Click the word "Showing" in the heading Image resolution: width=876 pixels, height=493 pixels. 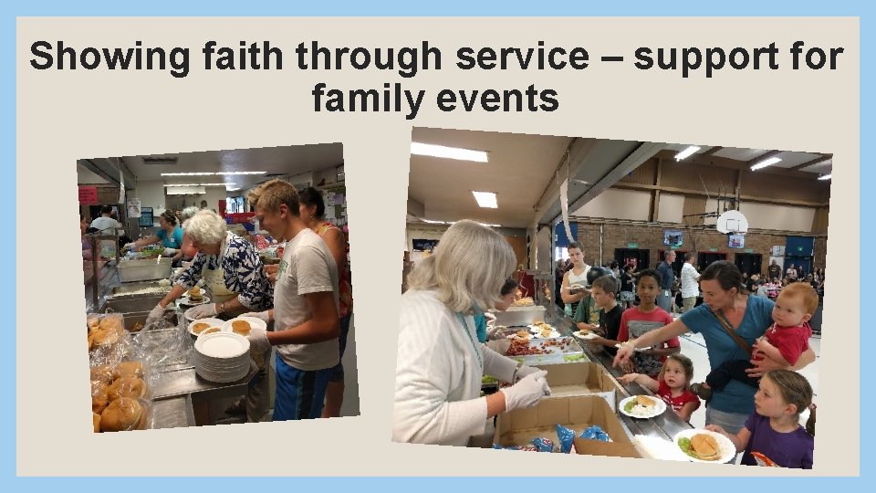coord(94,57)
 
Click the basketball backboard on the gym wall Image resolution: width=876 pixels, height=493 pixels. coord(732,222)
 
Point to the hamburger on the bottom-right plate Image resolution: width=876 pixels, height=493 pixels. coord(704,445)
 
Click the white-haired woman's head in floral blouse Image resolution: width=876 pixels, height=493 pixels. coord(206,227)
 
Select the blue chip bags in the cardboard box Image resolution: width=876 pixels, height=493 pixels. coord(568,437)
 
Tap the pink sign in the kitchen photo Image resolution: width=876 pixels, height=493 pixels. coord(88,194)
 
